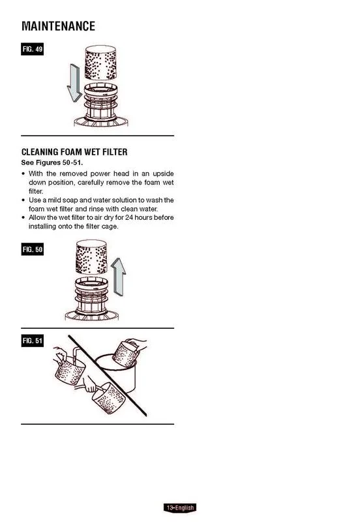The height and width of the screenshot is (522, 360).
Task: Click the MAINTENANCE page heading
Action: click(58, 26)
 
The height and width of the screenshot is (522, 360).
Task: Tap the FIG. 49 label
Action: click(32, 50)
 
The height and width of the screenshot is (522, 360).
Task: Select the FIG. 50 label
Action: click(32, 249)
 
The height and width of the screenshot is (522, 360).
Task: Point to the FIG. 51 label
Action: click(32, 341)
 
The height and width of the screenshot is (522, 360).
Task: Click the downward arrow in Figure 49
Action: click(74, 84)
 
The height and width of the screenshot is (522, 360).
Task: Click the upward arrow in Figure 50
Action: click(118, 276)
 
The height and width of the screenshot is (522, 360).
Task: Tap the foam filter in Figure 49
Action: click(100, 63)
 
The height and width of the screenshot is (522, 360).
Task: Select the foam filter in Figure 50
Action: click(91, 257)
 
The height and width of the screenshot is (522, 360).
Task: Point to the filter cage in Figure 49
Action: click(101, 105)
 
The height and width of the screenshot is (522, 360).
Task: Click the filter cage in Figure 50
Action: click(91, 299)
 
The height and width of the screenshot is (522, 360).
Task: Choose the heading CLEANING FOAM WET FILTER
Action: click(74, 152)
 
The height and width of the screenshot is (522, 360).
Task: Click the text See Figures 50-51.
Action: click(52, 162)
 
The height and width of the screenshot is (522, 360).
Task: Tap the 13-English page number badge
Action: click(181, 508)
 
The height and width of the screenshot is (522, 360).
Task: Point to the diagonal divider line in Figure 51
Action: click(108, 376)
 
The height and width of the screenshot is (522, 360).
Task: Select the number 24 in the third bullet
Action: click(129, 217)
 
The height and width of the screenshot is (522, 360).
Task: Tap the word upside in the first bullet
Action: click(163, 174)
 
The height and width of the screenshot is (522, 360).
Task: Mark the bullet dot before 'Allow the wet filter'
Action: click(23, 218)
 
